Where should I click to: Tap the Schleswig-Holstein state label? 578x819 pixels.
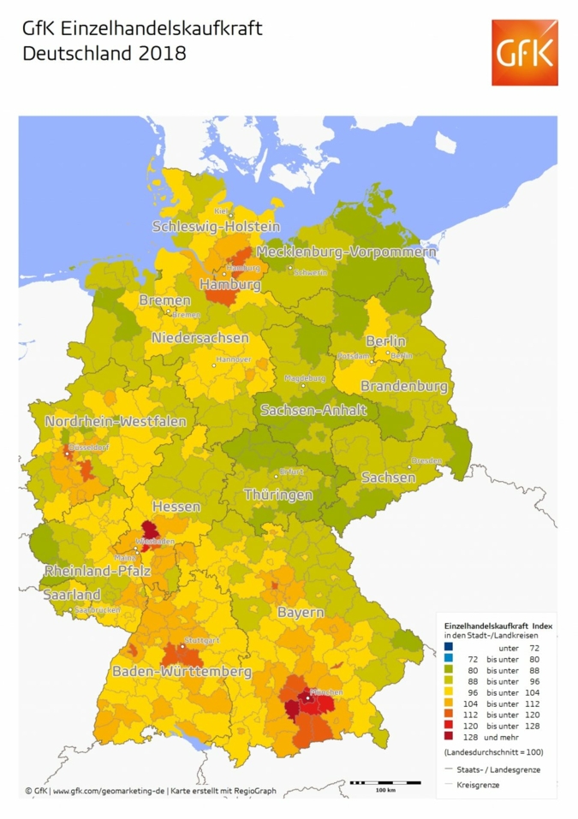(216, 227)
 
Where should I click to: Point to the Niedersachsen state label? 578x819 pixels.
(200, 338)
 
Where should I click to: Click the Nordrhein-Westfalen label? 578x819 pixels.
(116, 422)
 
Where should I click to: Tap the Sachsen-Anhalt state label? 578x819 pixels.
(313, 410)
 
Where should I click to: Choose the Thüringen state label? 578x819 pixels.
(278, 495)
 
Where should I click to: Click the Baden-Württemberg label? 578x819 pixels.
(182, 672)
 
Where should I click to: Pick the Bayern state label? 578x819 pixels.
(301, 613)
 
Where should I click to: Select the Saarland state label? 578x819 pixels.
(73, 595)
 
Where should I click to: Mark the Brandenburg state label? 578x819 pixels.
(404, 387)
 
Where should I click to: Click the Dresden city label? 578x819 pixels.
(426, 460)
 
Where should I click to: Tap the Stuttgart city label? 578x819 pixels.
(202, 640)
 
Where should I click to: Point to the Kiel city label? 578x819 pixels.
(221, 211)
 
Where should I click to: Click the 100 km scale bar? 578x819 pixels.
(385, 783)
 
